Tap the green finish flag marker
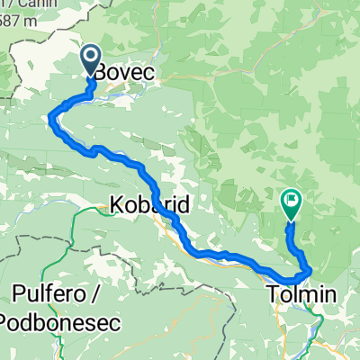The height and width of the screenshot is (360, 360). (x=292, y=204)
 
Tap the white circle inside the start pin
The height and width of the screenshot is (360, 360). (x=93, y=58)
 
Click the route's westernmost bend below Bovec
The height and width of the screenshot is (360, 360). (x=51, y=114)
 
